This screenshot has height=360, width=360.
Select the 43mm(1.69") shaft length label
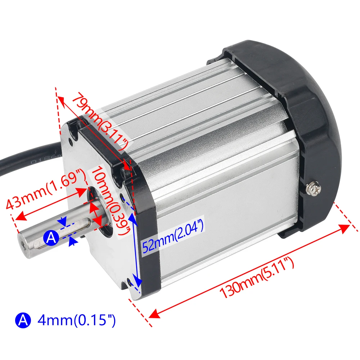(x=45, y=189)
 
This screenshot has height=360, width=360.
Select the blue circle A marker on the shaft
(x=51, y=237)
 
